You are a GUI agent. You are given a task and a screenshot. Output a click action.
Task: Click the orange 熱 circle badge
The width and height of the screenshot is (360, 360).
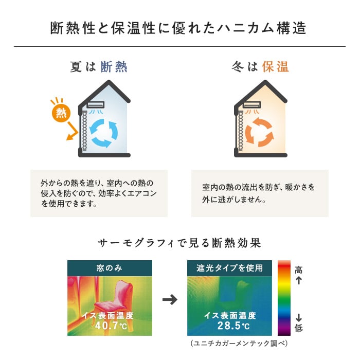tap(61, 113)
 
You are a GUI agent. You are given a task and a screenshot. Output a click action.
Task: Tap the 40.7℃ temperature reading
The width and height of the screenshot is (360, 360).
tap(111, 326)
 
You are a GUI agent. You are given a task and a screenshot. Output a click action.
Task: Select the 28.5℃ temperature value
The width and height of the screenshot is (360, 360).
tap(233, 326)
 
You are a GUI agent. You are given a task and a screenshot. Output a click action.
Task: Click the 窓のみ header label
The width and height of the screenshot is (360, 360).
tap(109, 268)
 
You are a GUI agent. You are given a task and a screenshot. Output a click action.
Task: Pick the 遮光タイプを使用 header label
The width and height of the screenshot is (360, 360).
tap(229, 268)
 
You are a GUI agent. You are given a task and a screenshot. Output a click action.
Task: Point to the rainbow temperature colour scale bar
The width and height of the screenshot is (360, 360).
tap(284, 298)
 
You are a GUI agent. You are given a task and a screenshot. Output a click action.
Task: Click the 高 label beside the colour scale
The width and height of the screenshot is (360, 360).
tap(298, 270)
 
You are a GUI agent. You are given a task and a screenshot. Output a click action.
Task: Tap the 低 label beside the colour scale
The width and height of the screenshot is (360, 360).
tap(298, 328)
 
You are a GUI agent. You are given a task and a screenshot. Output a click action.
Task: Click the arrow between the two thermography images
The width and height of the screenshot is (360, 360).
tap(170, 299)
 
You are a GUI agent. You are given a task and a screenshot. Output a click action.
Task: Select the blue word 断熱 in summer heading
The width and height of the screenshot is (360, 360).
tap(114, 67)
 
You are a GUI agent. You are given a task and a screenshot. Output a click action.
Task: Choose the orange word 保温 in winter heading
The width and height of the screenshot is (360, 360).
tap(275, 67)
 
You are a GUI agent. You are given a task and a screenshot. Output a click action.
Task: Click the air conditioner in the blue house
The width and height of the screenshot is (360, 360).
tap(96, 105)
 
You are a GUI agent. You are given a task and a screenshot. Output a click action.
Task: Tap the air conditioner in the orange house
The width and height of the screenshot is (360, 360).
tap(252, 105)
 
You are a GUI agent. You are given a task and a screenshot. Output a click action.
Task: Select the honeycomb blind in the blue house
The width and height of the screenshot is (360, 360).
tap(84, 131)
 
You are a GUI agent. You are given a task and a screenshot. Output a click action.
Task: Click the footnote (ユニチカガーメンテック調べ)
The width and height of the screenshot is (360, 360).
tap(239, 344)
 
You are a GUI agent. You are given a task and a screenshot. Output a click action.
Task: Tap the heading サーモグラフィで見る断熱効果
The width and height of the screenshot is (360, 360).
tap(179, 243)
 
